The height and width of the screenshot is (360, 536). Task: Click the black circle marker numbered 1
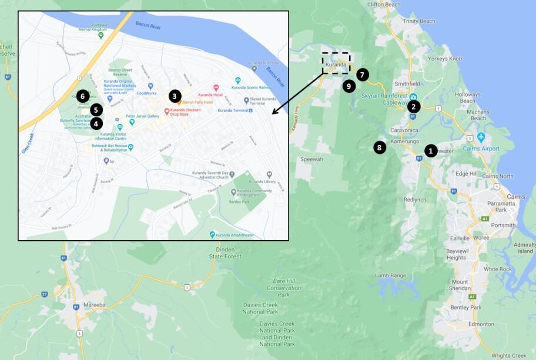[430, 151]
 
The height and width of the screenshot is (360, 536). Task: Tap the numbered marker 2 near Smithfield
[414, 106]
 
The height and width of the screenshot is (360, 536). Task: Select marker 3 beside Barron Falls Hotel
[174, 95]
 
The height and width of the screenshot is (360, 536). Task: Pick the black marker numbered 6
[83, 95]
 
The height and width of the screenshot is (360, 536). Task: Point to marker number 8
[380, 147]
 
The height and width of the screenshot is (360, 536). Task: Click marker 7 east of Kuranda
[363, 75]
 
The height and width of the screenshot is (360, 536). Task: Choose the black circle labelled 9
[349, 86]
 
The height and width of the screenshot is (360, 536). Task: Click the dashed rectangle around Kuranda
[336, 63]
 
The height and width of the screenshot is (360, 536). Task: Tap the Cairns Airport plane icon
[481, 137]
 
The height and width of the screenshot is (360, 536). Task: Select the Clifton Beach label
[383, 4]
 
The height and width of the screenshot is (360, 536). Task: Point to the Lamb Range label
[390, 275]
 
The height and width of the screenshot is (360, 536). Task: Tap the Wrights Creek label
[509, 355]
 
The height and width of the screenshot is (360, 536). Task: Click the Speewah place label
[312, 159]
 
